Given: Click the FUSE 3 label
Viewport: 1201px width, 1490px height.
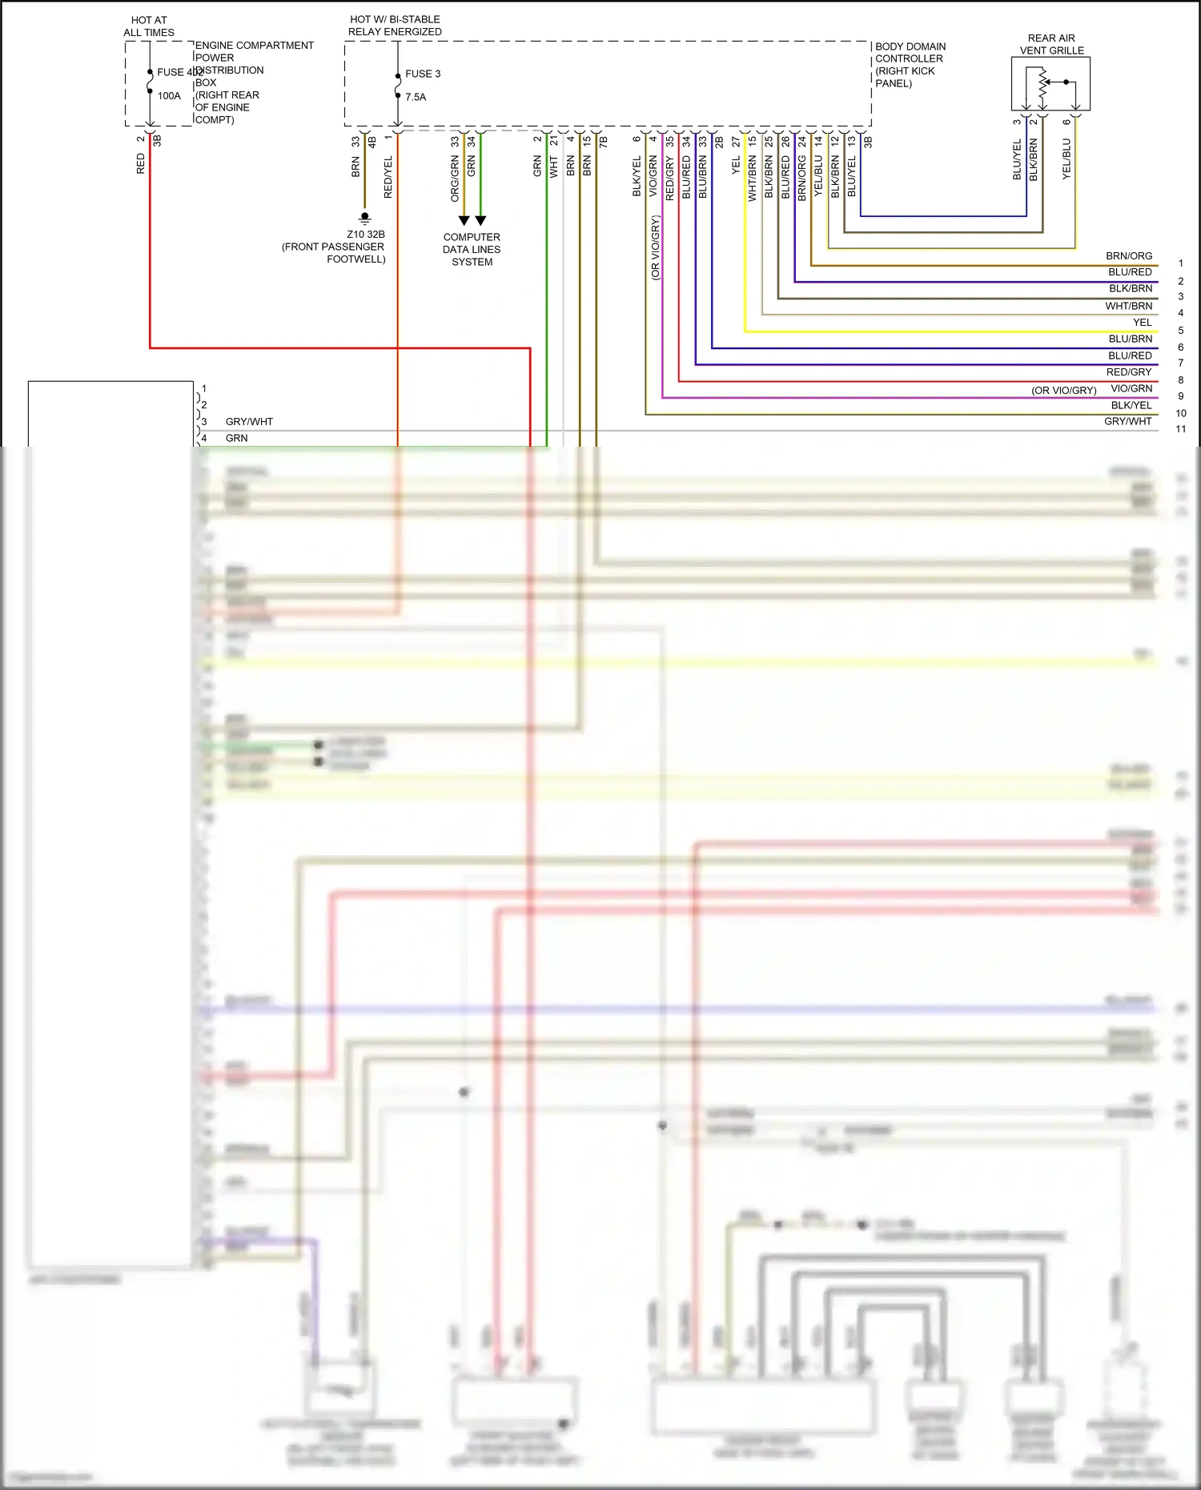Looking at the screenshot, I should [422, 74].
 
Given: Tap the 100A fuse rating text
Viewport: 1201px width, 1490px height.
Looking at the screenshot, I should [169, 96].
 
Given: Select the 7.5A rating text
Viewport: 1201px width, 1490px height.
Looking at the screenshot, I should [416, 97].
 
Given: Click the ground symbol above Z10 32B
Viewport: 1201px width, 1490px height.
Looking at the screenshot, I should [365, 218].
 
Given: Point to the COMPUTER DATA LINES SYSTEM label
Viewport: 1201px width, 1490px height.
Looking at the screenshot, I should [472, 249].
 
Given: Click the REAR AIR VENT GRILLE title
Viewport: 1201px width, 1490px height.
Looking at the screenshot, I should [1051, 44].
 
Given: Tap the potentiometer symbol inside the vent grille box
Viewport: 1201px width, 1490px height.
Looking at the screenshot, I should [1042, 86].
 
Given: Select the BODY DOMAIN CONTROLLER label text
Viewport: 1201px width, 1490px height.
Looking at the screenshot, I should [910, 64].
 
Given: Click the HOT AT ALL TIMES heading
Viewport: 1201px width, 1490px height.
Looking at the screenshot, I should [149, 26].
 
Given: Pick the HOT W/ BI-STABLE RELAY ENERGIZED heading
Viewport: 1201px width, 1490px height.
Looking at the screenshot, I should [395, 26].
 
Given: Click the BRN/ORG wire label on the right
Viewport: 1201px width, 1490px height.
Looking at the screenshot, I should [1129, 256].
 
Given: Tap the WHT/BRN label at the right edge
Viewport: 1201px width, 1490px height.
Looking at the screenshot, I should [1129, 306].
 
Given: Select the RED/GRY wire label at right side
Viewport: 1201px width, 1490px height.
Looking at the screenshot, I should [1129, 372].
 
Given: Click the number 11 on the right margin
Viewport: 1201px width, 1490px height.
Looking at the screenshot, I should [1180, 429].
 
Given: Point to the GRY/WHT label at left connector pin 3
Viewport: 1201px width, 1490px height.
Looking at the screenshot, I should [249, 422].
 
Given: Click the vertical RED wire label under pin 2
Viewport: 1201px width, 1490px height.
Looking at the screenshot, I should [141, 164].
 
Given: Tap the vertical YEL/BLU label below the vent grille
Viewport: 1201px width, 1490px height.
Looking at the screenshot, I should [1066, 159].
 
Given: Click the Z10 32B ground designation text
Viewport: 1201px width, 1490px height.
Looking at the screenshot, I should [366, 235].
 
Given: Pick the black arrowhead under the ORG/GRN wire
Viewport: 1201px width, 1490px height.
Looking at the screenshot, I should [464, 221].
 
